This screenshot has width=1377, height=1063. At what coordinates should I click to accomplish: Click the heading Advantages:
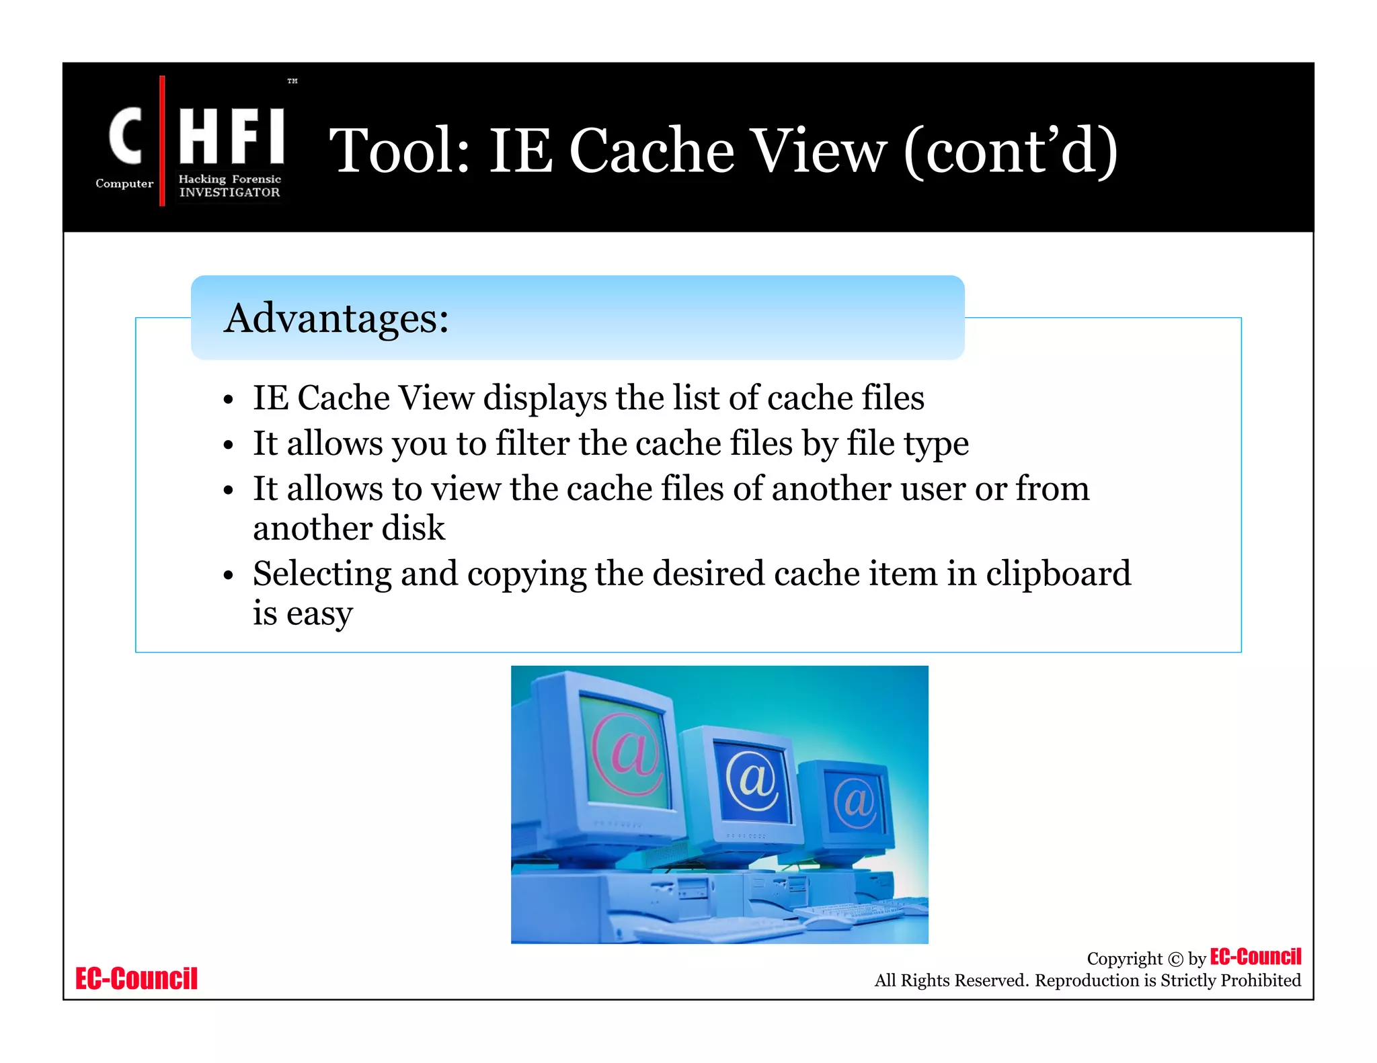pos(336,318)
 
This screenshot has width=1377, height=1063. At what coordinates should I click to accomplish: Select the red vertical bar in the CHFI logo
pos(162,140)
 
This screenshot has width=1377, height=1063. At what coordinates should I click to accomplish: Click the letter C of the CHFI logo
pos(126,136)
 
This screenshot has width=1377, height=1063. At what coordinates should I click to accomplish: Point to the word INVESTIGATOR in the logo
pos(229,192)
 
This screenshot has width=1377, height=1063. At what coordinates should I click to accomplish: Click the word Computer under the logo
pos(124,183)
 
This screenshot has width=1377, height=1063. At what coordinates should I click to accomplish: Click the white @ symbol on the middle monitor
pos(752,779)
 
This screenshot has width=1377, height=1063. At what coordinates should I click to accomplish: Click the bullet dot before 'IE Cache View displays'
pos(229,400)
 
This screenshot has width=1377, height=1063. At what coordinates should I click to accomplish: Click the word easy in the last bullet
pos(319,614)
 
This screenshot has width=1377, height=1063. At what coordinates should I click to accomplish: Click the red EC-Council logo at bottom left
pos(136,978)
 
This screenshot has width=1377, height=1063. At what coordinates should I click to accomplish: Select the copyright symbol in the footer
pos(1175,959)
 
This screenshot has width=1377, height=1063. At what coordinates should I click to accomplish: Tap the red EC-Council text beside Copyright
pos(1255,956)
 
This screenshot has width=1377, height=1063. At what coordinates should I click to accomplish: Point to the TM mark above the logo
pos(292,81)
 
